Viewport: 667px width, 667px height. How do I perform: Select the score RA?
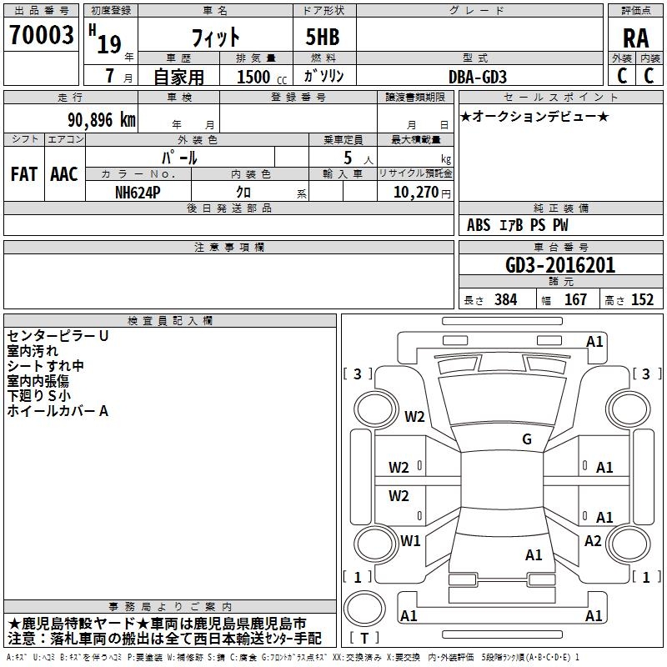point(635,38)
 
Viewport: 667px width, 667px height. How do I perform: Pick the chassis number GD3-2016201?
point(560,265)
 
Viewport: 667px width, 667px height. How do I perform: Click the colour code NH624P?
point(139,193)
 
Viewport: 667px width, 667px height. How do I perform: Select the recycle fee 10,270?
point(414,193)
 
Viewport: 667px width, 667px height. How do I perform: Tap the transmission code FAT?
point(23,174)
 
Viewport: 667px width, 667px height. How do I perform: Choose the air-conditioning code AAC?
point(64,174)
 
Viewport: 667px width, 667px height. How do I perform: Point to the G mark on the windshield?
point(527,439)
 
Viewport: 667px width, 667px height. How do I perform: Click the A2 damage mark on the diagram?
point(593,541)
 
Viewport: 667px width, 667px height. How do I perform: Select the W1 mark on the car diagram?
point(411,541)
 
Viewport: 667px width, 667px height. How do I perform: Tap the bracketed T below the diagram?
point(364,638)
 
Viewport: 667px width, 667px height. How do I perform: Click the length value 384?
point(505,300)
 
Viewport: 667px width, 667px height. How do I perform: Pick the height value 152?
point(642,300)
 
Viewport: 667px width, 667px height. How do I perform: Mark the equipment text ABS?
point(479,225)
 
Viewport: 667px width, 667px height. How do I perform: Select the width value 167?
point(575,300)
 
